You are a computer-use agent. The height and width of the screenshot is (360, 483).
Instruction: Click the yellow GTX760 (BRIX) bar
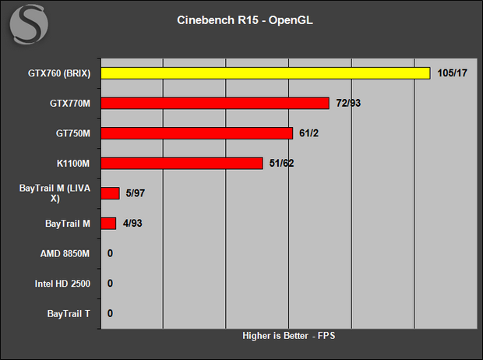click(266, 73)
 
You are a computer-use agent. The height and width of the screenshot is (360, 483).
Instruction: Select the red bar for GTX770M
click(215, 104)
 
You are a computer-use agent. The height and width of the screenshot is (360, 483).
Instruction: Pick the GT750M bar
click(197, 133)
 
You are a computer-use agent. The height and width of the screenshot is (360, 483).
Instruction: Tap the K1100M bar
click(182, 164)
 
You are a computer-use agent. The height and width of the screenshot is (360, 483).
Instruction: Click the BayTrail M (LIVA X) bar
click(111, 193)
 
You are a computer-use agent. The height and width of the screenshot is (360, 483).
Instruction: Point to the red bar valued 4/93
click(108, 224)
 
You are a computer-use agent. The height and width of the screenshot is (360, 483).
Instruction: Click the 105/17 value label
click(452, 73)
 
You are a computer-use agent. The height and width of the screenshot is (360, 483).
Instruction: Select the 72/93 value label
click(348, 103)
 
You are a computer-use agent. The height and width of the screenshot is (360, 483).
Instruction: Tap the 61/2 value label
click(309, 133)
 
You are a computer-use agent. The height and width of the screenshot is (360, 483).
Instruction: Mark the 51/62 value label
click(281, 163)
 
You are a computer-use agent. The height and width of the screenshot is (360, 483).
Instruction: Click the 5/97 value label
click(136, 193)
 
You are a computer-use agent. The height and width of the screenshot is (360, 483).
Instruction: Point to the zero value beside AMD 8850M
click(110, 253)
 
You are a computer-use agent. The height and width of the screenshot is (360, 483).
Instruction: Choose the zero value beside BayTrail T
click(110, 313)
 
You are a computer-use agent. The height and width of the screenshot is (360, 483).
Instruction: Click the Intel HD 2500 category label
click(62, 284)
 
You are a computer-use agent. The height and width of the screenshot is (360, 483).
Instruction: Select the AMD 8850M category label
click(65, 254)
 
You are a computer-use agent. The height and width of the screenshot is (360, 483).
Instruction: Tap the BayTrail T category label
click(69, 314)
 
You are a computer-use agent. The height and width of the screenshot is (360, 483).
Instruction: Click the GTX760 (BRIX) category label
click(59, 73)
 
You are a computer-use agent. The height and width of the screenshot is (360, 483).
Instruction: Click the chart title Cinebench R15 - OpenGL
click(245, 20)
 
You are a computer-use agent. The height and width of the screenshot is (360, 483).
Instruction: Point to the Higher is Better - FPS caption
click(288, 336)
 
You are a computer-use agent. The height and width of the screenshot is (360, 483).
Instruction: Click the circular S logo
click(29, 24)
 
